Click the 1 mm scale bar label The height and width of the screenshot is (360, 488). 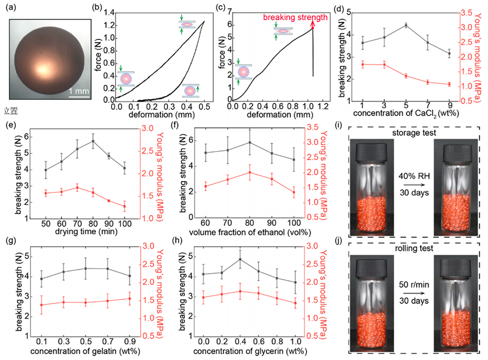pyautogui.click(x=79, y=91)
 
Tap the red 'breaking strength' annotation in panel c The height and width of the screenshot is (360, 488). pyautogui.click(x=295, y=17)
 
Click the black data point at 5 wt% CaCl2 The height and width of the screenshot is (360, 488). pyautogui.click(x=406, y=26)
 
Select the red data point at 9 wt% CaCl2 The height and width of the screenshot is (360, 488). pyautogui.click(x=449, y=84)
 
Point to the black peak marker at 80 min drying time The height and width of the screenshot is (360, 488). pyautogui.click(x=92, y=141)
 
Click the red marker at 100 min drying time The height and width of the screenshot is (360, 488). pyautogui.click(x=125, y=206)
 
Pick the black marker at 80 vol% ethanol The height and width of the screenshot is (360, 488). pyautogui.click(x=249, y=142)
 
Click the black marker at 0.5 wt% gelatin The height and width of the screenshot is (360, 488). pyautogui.click(x=85, y=268)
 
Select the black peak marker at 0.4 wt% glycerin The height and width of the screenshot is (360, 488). pyautogui.click(x=240, y=259)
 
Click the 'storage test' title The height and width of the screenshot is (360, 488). pyautogui.click(x=414, y=132)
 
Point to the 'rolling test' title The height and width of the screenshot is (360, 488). pyautogui.click(x=414, y=248)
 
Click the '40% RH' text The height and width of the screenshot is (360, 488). pyautogui.click(x=414, y=176)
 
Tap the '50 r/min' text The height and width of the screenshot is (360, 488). pyautogui.click(x=414, y=285)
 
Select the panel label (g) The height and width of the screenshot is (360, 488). pyautogui.click(x=12, y=241)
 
